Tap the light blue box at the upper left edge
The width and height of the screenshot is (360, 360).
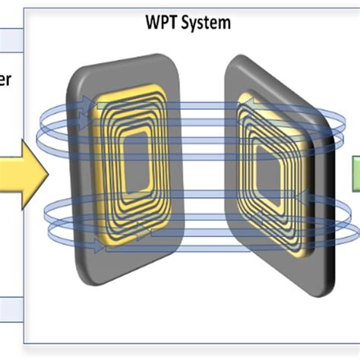coord(11,37)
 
